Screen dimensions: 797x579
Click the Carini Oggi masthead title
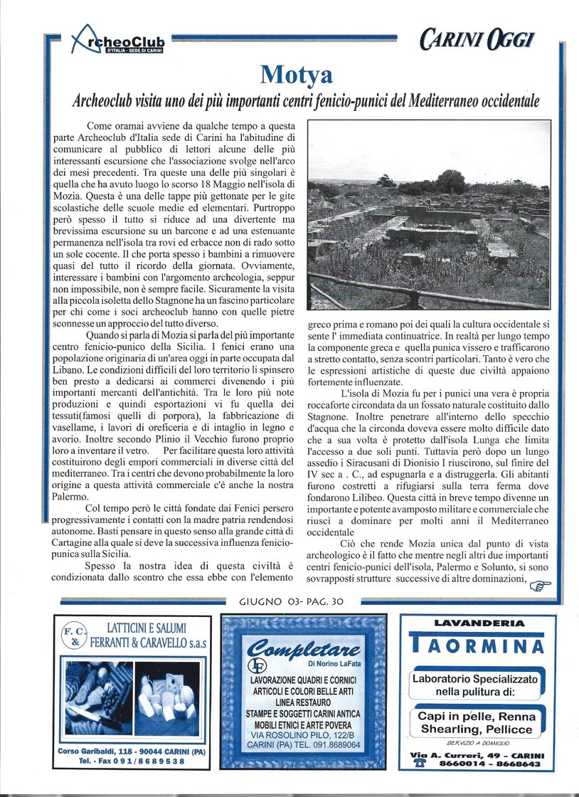click(485, 40)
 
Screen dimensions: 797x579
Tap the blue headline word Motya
click(296, 73)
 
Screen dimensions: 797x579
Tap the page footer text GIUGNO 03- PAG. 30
click(292, 602)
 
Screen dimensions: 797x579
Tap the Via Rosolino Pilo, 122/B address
click(303, 734)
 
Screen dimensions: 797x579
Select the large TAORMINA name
click(478, 645)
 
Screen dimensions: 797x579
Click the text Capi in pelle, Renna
click(477, 717)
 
